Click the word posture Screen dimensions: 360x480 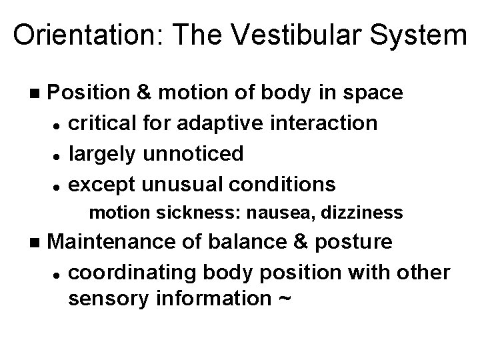(364, 242)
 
